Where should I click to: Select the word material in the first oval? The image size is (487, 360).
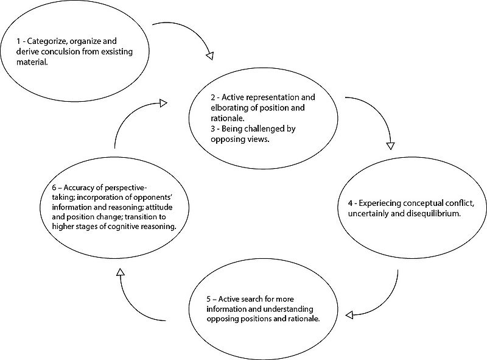tap(32, 62)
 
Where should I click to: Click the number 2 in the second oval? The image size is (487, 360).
tap(212, 97)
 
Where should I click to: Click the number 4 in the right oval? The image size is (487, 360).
tap(351, 203)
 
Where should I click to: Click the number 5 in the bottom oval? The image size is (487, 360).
tap(209, 299)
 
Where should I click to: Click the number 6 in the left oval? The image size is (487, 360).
tap(54, 188)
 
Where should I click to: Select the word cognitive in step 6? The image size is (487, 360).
tap(124, 227)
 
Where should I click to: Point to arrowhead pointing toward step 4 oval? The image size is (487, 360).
tap(390, 146)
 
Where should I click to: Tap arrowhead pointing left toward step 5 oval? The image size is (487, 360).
tap(349, 315)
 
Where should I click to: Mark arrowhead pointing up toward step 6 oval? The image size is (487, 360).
tap(120, 272)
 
